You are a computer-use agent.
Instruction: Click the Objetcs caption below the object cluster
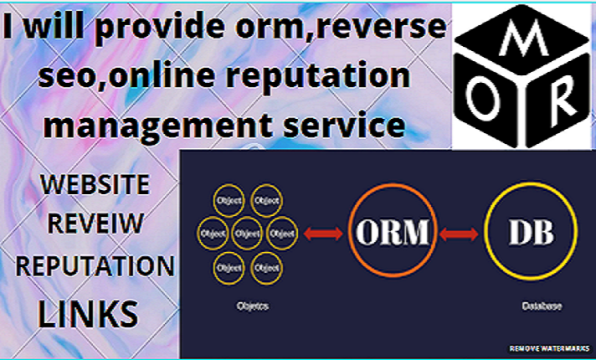pos(246,306)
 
